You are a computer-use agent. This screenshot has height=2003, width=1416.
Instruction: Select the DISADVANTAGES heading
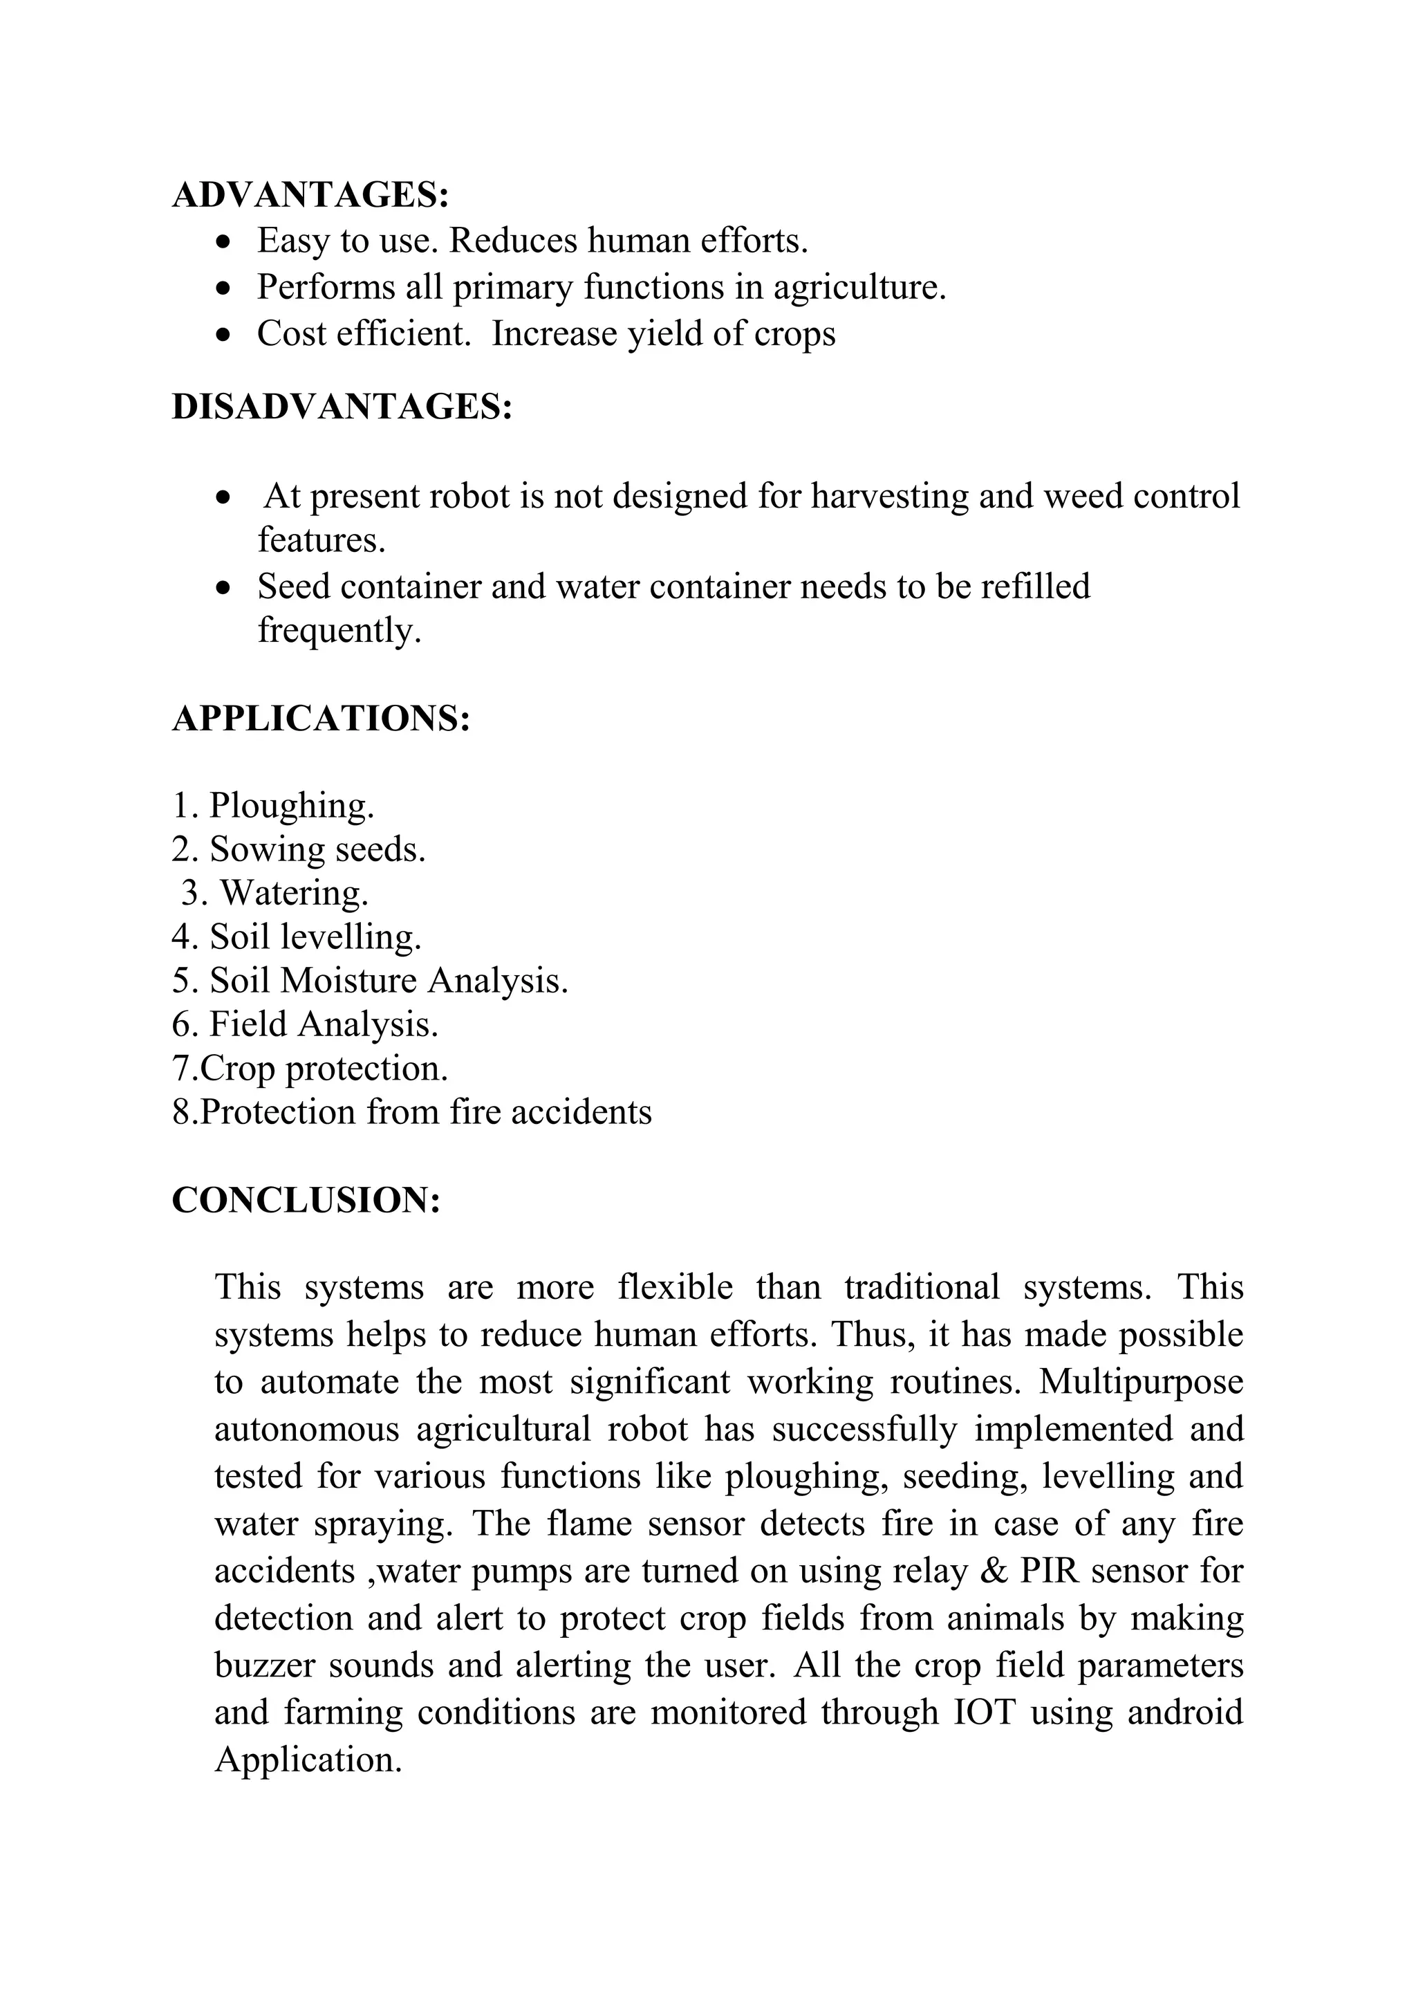tap(342, 407)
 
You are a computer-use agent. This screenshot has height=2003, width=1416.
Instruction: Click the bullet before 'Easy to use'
tap(225, 241)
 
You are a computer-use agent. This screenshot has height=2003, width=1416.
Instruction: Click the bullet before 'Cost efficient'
tap(225, 335)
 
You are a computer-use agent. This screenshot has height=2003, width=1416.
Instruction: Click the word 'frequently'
tap(339, 630)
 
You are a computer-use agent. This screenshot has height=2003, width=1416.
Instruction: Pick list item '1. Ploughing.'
tap(273, 804)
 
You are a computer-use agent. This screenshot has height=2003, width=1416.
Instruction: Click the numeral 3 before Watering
tap(188, 894)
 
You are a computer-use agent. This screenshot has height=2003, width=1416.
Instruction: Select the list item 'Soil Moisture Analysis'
tap(370, 981)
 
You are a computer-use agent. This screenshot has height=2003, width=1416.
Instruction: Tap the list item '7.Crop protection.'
tap(310, 1069)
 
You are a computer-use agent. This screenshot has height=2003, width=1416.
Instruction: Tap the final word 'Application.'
tap(308, 1760)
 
